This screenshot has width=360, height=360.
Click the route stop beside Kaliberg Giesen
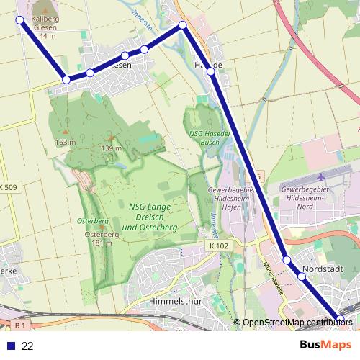click(19, 20)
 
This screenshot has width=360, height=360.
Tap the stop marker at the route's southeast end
click(341, 318)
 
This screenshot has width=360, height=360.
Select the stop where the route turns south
click(183, 25)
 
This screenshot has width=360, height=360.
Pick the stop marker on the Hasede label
click(210, 71)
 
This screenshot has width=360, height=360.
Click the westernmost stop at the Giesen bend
click(66, 80)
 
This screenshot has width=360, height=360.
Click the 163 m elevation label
click(65, 142)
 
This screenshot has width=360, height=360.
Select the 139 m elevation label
click(111, 148)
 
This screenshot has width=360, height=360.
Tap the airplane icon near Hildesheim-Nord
click(322, 176)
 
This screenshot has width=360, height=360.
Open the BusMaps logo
click(326, 345)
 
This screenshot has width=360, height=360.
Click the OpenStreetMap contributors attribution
click(297, 323)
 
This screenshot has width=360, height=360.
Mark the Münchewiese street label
click(273, 282)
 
